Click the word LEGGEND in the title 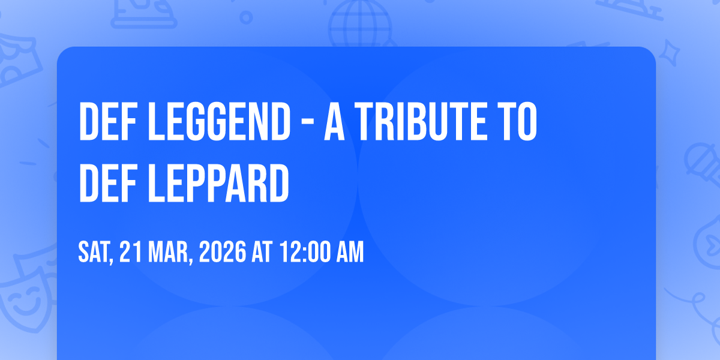click(x=219, y=121)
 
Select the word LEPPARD click(x=218, y=183)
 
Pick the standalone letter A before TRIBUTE click(x=334, y=121)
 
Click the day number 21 click(x=130, y=252)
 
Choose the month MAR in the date click(x=170, y=253)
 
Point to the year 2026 click(x=223, y=252)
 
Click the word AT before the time click(x=262, y=252)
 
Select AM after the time click(x=350, y=252)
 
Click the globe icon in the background click(x=360, y=24)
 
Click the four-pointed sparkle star click(x=669, y=53)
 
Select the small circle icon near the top click(x=246, y=17)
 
